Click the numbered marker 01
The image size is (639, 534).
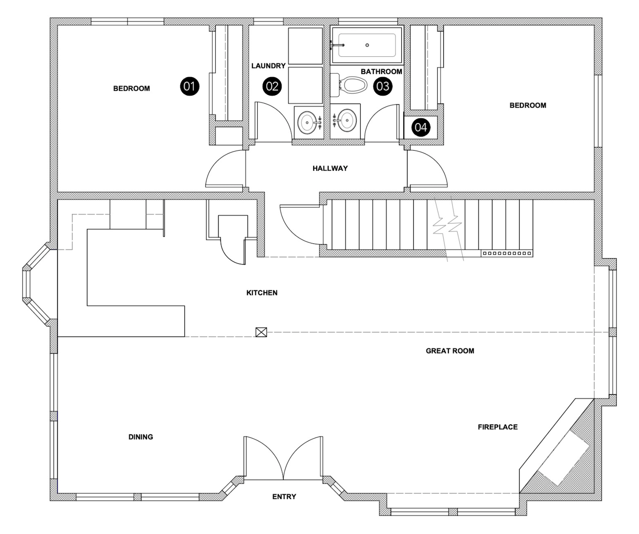pyautogui.click(x=189, y=86)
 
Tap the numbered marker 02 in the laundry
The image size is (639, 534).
pyautogui.click(x=272, y=86)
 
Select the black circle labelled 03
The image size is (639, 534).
pyautogui.click(x=383, y=86)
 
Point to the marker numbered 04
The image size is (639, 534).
pyautogui.click(x=421, y=127)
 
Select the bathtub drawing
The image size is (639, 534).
pyautogui.click(x=367, y=45)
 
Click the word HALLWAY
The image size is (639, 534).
pyautogui.click(x=330, y=168)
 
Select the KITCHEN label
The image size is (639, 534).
pyautogui.click(x=262, y=293)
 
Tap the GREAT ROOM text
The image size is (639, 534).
pyautogui.click(x=450, y=351)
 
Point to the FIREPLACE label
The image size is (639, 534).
pyautogui.click(x=497, y=427)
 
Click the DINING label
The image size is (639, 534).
pyautogui.click(x=141, y=437)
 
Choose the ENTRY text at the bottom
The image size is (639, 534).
pyautogui.click(x=284, y=496)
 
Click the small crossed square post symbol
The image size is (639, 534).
pyautogui.click(x=261, y=332)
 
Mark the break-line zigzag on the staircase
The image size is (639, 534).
pyautogui.click(x=448, y=226)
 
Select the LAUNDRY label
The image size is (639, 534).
pyautogui.click(x=268, y=66)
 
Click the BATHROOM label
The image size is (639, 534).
pyautogui.click(x=381, y=72)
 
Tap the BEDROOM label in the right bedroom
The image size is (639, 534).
pyautogui.click(x=528, y=106)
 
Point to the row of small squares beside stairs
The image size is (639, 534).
pyautogui.click(x=507, y=253)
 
